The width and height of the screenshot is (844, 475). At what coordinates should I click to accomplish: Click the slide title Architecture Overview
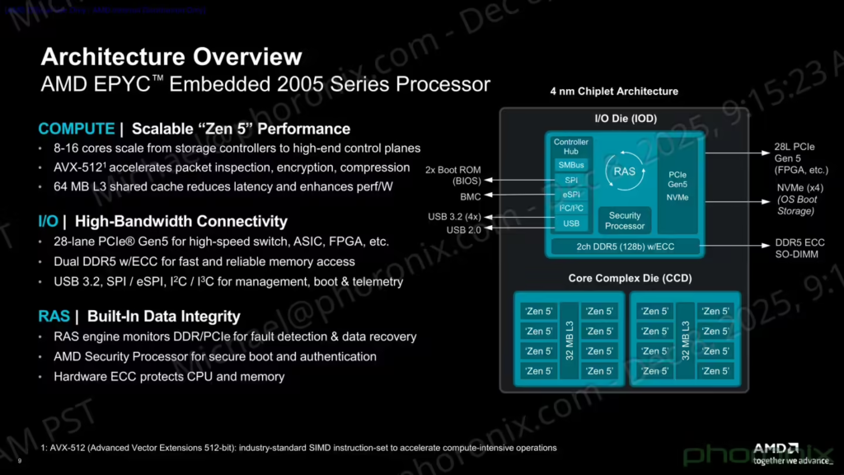(x=171, y=57)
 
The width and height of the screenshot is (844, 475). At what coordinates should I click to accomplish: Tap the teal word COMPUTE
(x=76, y=129)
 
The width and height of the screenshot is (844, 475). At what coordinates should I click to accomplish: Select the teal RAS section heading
(x=54, y=317)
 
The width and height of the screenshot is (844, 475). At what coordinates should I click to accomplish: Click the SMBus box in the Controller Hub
(x=571, y=165)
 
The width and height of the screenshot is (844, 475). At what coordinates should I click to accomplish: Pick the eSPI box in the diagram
(x=571, y=195)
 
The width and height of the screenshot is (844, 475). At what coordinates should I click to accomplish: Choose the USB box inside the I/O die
(x=571, y=223)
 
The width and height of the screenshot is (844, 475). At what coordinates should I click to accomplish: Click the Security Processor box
(x=625, y=221)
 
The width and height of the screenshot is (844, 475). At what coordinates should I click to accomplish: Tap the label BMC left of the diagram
(x=470, y=197)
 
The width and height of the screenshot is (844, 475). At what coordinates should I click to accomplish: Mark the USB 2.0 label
(x=464, y=229)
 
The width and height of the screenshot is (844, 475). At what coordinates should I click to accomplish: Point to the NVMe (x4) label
(x=799, y=187)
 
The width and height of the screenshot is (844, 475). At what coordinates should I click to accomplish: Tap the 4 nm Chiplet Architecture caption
(x=614, y=92)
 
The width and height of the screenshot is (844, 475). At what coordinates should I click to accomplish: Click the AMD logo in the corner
(x=776, y=448)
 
